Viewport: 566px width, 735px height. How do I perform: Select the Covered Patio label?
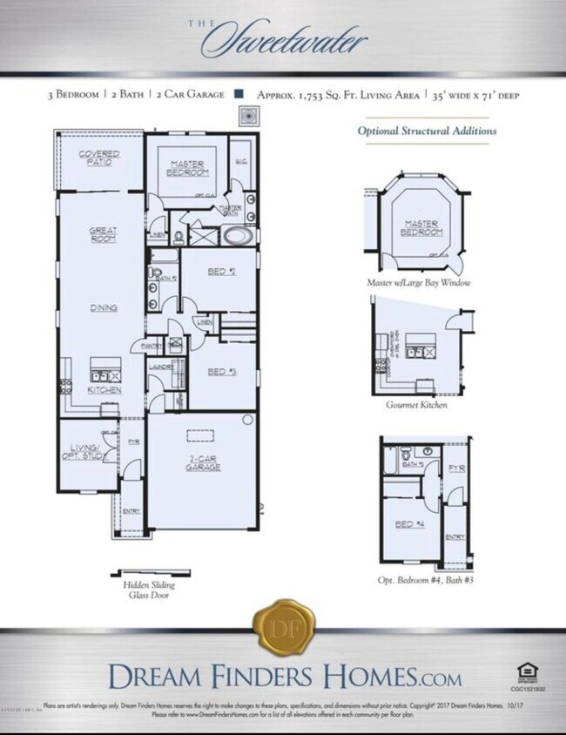(99, 158)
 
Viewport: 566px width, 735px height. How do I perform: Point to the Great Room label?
(103, 234)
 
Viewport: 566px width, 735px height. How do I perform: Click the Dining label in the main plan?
(103, 308)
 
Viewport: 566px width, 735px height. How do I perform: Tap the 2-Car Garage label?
(202, 463)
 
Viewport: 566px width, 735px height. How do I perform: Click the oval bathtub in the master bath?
(235, 235)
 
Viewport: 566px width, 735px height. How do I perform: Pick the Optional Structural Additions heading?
(428, 131)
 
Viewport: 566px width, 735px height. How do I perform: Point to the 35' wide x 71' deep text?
(475, 94)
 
